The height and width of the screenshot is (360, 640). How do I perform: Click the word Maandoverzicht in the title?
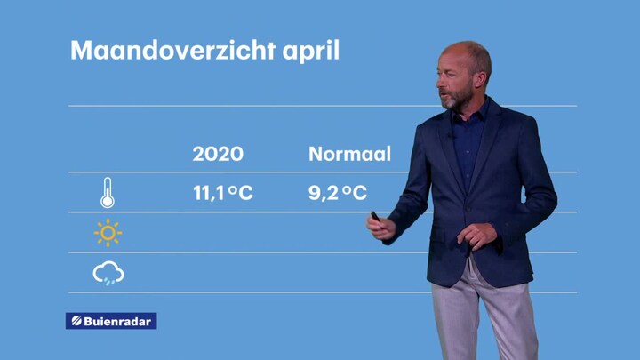(x=172, y=50)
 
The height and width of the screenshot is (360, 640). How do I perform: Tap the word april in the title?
(x=310, y=52)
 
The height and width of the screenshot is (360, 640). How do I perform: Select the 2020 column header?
(x=218, y=154)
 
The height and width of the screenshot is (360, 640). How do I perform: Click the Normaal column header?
(x=350, y=154)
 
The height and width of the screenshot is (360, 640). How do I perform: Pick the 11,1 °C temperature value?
(x=223, y=193)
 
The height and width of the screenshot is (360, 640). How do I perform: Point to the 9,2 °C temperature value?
(x=338, y=193)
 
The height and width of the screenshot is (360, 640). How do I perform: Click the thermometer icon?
(x=108, y=193)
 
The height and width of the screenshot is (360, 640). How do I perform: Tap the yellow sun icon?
(x=108, y=233)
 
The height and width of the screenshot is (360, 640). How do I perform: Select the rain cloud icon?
(x=108, y=273)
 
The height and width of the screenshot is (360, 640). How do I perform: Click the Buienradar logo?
(x=111, y=321)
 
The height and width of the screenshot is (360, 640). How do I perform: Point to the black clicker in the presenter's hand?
(x=375, y=216)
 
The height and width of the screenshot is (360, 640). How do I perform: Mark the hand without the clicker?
(x=476, y=236)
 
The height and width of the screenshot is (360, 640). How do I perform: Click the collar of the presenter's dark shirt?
(x=470, y=111)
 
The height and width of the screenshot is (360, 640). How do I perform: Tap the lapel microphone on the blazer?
(x=451, y=135)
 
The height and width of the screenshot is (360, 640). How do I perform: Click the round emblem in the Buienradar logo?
(x=76, y=321)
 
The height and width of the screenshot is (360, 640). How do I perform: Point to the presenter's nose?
(x=438, y=83)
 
